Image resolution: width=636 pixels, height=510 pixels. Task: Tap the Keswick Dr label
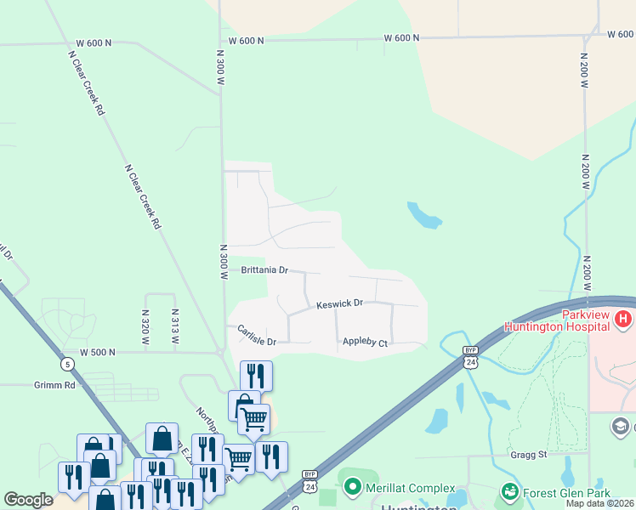(340, 303)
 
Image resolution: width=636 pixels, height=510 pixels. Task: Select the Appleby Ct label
(365, 343)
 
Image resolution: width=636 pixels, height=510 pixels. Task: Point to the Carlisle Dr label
(257, 336)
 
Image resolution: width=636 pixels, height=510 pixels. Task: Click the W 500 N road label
(97, 352)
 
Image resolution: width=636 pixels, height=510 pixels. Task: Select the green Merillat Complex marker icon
(353, 487)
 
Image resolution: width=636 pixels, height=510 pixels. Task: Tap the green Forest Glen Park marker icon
(509, 490)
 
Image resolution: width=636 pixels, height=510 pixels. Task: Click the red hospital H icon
(624, 320)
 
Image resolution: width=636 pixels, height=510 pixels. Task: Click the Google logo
(28, 500)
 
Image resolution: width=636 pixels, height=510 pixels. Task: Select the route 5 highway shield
(68, 365)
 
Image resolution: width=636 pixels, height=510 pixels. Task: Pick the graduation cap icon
(620, 426)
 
